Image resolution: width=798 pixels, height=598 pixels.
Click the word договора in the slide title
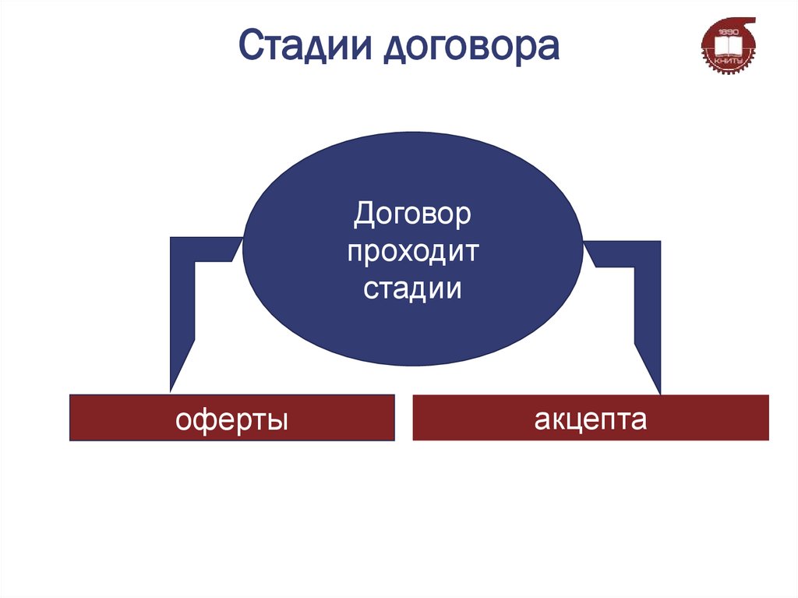(x=470, y=47)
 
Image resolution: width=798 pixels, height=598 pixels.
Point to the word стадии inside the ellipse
(x=412, y=289)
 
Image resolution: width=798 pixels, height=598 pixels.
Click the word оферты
(x=231, y=419)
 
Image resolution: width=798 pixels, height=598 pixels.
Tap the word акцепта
(x=590, y=419)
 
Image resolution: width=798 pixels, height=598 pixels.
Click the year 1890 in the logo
(x=727, y=31)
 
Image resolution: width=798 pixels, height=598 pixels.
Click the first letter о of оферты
(x=184, y=421)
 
